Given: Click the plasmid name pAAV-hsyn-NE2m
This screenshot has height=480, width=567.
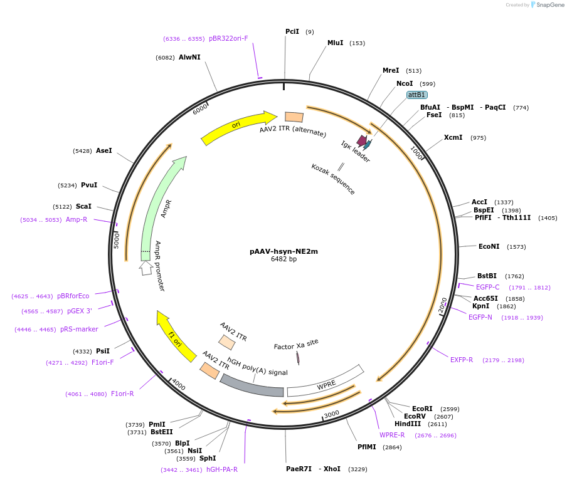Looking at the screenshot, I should coord(283,251).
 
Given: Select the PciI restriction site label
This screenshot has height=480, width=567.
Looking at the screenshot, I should coord(292,31).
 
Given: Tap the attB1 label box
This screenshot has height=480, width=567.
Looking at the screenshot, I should coord(417,95).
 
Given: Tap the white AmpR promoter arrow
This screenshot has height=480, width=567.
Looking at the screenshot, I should coord(146,268).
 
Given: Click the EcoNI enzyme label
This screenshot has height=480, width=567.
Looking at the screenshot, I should coord(489,246).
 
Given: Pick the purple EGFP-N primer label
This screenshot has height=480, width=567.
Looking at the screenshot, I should coord(480,317).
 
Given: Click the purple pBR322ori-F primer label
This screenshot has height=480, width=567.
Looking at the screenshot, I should coord(228,38).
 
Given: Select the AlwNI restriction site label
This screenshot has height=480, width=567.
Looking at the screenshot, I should coord(189,57).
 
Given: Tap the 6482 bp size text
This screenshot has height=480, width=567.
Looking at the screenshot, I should coord(283,259).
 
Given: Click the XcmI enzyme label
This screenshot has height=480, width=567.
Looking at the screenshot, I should coord(453,137).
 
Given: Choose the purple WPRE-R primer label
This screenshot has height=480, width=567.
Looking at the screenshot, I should coord(392,435).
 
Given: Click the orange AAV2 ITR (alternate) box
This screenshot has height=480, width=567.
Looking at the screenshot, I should coord(294,117).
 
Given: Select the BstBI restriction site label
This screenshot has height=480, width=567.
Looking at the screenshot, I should coord(487,276).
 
